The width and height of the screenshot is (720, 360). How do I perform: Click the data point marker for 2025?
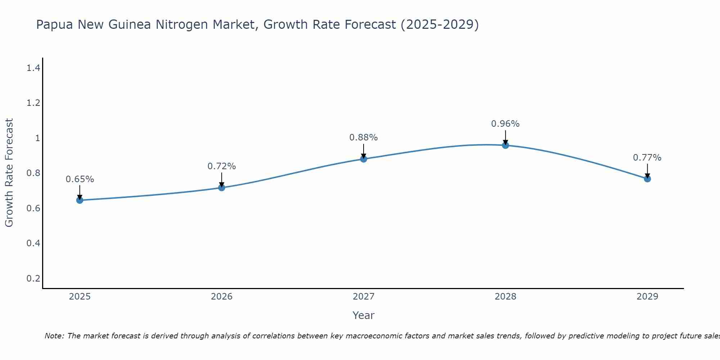click(x=80, y=200)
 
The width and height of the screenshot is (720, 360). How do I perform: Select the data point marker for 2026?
click(x=221, y=188)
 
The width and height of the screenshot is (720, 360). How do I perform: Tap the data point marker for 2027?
click(x=364, y=159)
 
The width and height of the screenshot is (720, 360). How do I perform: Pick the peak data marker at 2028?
click(x=505, y=145)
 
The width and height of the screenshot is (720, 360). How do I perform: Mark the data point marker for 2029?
click(x=647, y=179)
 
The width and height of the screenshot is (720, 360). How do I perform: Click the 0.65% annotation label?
click(x=80, y=179)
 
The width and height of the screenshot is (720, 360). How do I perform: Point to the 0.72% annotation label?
click(x=221, y=166)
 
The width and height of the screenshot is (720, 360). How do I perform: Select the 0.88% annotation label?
click(x=364, y=138)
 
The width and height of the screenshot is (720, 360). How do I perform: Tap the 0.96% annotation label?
click(x=505, y=124)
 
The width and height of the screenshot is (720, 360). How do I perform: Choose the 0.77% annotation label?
click(x=647, y=158)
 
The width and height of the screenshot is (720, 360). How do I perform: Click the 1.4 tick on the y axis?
click(x=33, y=68)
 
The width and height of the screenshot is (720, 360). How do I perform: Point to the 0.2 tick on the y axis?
click(x=33, y=278)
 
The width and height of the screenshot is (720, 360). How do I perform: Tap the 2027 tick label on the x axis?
click(x=364, y=297)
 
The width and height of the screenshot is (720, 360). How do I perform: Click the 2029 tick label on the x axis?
click(x=647, y=297)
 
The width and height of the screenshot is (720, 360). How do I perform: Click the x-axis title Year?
click(x=364, y=315)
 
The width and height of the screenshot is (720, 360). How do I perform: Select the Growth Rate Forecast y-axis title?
click(x=9, y=173)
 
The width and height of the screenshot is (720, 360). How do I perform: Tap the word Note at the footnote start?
click(x=54, y=336)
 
